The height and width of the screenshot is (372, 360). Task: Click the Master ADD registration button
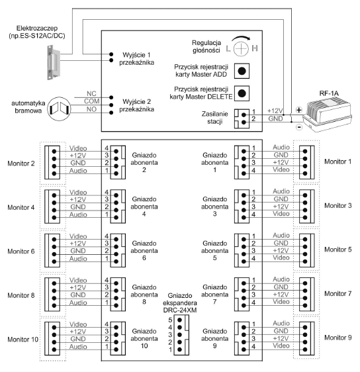pos(242,71)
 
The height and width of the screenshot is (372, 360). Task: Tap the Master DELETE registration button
pos(242,93)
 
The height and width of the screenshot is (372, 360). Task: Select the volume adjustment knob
pos(241,48)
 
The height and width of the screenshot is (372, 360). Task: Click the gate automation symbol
pos(59,109)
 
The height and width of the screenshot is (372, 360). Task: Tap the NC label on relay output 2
pos(91,94)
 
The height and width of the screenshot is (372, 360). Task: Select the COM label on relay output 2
pos(91,101)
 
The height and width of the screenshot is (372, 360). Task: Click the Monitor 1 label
pos(337,162)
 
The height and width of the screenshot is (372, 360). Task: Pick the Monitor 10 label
pos(22,340)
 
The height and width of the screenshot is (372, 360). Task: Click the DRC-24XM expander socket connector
pos(181,335)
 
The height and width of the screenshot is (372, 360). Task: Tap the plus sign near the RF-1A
pos(299,110)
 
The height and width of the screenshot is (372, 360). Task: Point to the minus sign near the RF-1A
pos(299,127)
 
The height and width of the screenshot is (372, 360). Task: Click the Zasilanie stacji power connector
pos(242,118)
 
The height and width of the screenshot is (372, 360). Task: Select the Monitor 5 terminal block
pos(307,250)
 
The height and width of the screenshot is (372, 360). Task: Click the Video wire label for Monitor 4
pos(78,193)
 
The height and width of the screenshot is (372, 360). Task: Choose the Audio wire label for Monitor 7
pos(281,279)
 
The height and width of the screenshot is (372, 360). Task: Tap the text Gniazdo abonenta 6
pos(144,250)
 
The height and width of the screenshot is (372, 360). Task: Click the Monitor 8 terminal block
pos(52,295)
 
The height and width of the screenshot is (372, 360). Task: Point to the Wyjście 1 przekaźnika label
pos(136,59)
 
